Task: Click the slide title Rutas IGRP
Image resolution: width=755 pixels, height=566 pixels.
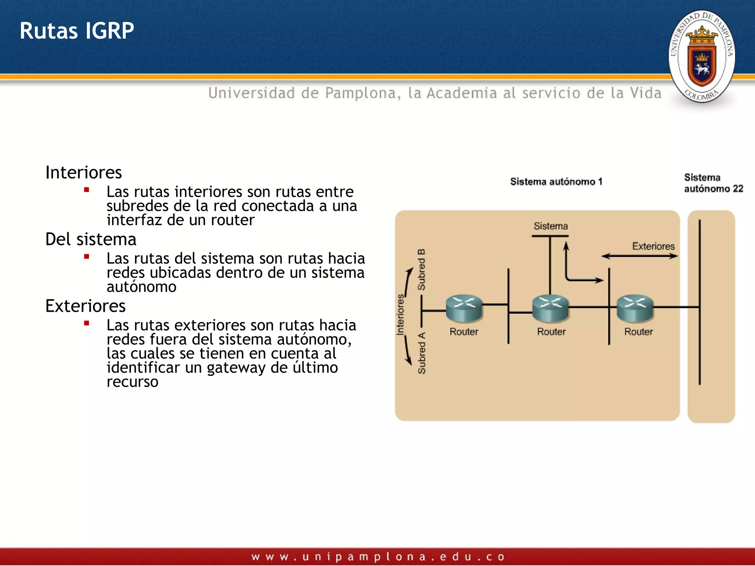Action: click(77, 31)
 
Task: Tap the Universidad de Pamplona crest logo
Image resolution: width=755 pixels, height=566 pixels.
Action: click(702, 56)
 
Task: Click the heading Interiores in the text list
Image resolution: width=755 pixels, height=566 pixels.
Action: click(83, 172)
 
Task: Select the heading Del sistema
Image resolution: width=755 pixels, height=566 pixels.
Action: click(91, 240)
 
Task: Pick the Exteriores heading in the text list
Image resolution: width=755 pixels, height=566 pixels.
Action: click(85, 306)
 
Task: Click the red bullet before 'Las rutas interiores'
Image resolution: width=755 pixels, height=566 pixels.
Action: click(87, 190)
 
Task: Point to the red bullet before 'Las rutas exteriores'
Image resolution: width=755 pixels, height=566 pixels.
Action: click(87, 324)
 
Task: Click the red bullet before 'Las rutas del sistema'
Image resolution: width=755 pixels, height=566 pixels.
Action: click(87, 257)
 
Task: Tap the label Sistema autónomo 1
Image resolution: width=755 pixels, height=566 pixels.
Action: click(556, 182)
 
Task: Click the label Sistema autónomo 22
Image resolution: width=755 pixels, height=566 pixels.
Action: click(713, 183)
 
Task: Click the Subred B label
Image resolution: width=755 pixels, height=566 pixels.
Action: click(421, 269)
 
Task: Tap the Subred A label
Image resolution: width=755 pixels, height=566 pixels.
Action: click(421, 353)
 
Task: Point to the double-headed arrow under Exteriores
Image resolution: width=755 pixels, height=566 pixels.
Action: click(639, 256)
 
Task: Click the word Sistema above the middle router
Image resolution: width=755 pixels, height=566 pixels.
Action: click(551, 226)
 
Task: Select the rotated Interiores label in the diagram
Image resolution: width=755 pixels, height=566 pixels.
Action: click(400, 314)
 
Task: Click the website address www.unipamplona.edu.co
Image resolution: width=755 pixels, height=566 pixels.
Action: click(377, 557)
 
